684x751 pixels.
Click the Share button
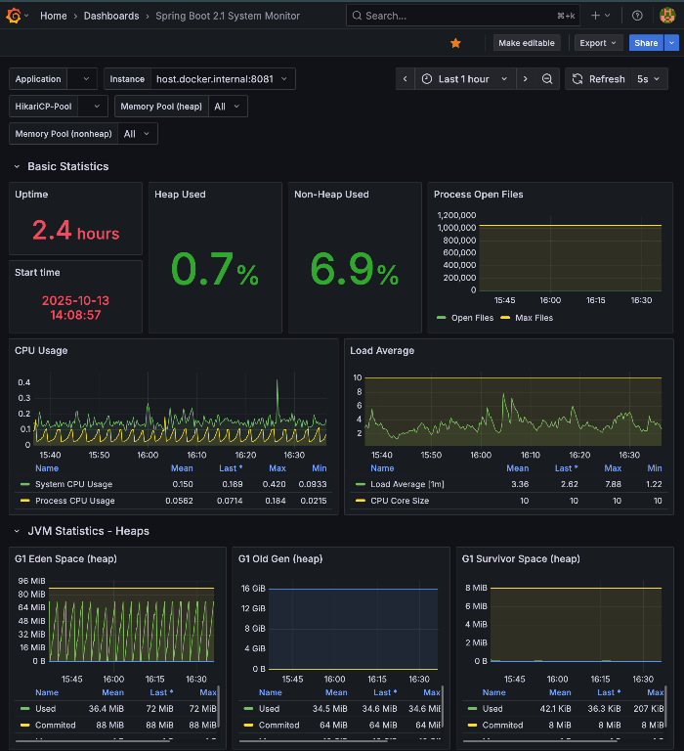point(645,43)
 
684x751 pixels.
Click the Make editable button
point(527,43)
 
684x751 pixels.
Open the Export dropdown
point(598,43)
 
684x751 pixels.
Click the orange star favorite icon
point(455,43)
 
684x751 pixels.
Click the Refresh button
point(598,79)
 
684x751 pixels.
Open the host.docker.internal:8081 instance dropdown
point(224,79)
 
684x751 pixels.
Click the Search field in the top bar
point(459,16)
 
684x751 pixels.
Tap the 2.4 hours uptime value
point(75,231)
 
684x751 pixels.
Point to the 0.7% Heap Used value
point(214,269)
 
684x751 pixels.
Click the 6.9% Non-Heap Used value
point(354,269)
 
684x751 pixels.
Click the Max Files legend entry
point(531,318)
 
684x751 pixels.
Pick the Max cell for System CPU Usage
point(277,484)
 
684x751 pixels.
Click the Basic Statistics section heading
point(68,166)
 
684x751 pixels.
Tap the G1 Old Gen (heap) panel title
point(280,559)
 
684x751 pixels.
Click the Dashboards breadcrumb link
point(111,16)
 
